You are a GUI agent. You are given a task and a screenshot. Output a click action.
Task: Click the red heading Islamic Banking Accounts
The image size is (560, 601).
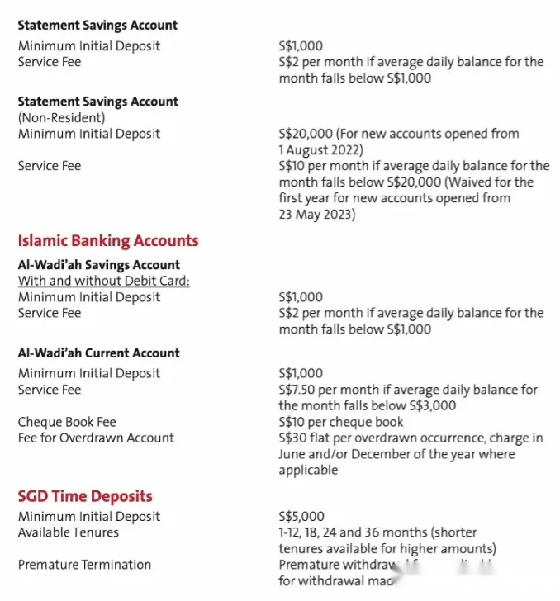click(108, 241)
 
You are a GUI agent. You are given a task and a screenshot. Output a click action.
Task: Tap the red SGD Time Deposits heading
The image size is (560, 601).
click(85, 496)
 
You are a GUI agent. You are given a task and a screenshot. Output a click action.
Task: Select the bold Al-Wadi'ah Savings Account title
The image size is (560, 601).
click(98, 265)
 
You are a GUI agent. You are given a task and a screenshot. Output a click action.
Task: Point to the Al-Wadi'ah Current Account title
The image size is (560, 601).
click(98, 353)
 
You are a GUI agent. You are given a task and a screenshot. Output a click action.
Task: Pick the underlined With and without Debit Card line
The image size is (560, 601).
click(104, 281)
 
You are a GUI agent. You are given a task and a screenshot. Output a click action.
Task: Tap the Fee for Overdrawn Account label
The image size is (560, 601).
click(96, 438)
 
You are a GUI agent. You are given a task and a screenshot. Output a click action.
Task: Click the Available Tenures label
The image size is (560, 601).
click(68, 532)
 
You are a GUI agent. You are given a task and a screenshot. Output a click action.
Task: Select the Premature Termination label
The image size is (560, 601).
click(84, 565)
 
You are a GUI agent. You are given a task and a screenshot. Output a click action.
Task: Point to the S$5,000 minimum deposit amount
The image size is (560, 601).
click(301, 517)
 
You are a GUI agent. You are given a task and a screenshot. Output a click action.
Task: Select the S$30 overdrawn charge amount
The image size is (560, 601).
click(293, 438)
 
